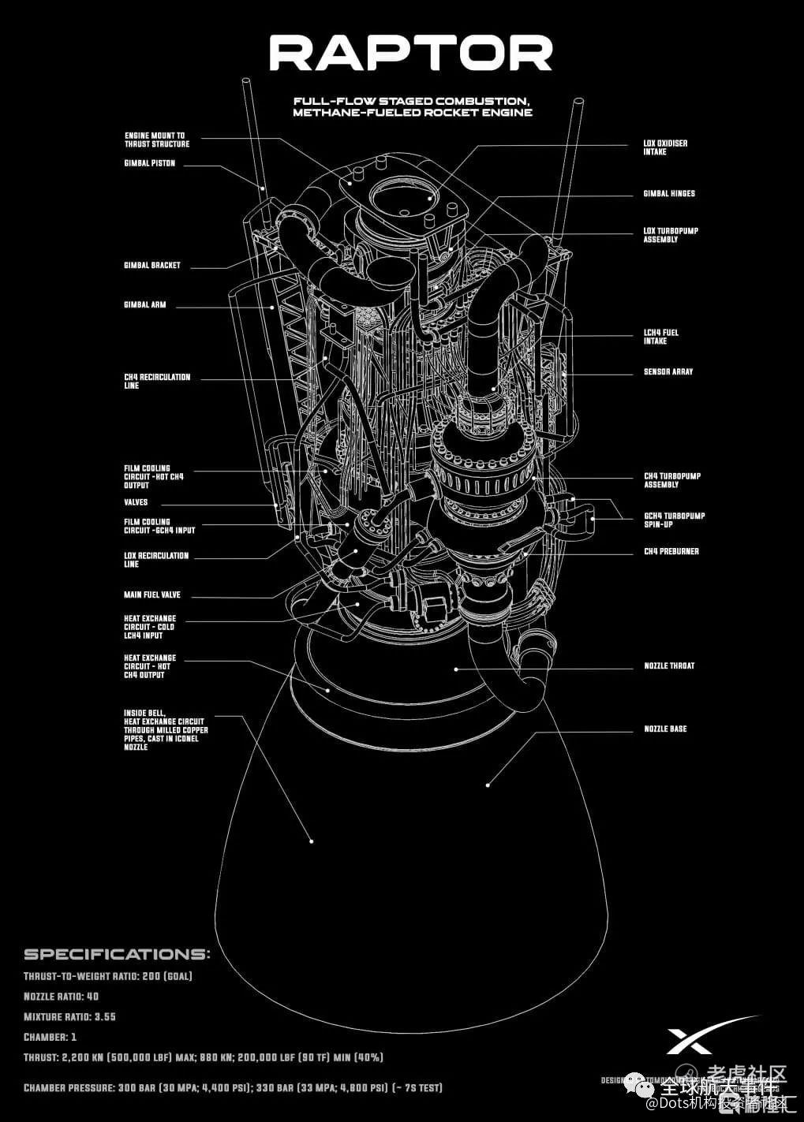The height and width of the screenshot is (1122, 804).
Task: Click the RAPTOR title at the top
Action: click(x=411, y=54)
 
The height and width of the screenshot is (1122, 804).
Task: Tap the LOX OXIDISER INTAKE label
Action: click(x=665, y=147)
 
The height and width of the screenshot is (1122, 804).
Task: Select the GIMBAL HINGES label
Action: click(x=669, y=193)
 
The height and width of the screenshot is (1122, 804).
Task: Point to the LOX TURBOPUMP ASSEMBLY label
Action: click(x=671, y=235)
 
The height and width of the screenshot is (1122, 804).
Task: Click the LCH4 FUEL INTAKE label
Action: click(x=660, y=337)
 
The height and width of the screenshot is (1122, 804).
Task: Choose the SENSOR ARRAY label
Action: click(x=668, y=371)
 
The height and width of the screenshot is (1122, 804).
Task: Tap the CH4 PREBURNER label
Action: click(x=671, y=551)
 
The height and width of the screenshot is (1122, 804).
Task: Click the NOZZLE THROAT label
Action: click(x=669, y=665)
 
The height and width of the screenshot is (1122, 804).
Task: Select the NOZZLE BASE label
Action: click(x=665, y=729)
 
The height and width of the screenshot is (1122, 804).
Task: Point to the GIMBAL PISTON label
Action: click(x=150, y=163)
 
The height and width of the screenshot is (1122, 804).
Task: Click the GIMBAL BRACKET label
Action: click(x=152, y=265)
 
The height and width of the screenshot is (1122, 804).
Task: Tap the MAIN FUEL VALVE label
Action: click(x=152, y=595)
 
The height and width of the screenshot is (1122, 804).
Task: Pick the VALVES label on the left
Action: click(x=136, y=502)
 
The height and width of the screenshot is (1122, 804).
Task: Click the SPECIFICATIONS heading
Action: click(x=117, y=954)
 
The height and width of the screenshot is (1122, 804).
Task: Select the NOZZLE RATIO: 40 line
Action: click(x=62, y=996)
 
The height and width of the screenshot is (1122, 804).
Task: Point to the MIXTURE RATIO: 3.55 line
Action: click(x=69, y=1016)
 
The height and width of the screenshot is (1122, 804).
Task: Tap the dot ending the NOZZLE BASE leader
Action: click(x=488, y=785)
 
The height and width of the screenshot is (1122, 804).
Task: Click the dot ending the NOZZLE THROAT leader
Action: click(x=455, y=669)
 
